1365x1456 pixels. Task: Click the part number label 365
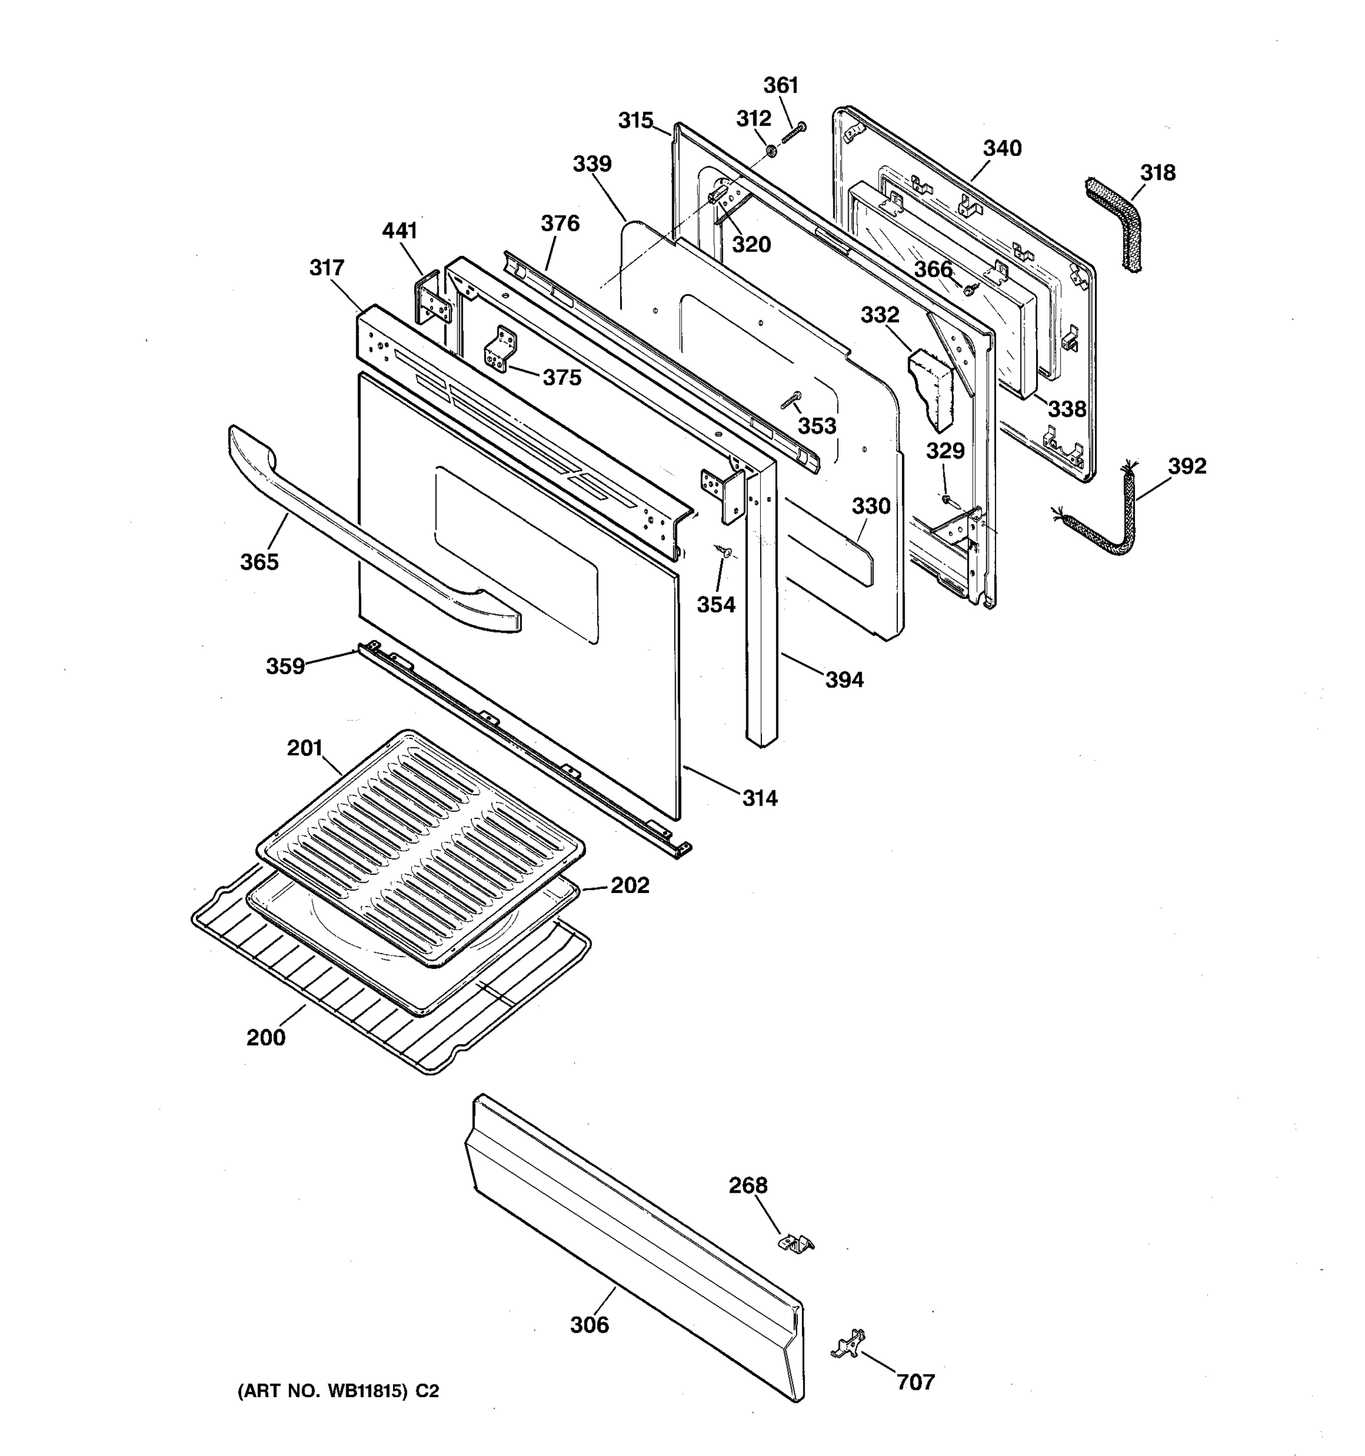point(259,562)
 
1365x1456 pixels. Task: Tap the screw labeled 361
point(794,133)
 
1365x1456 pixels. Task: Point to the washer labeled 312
point(771,151)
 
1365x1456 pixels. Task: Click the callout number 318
point(1157,173)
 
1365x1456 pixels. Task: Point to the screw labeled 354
point(726,551)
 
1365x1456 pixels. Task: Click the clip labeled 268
point(795,1242)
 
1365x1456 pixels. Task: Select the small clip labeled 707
point(849,1344)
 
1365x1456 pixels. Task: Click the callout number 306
point(590,1324)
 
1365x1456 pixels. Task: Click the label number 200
point(266,1037)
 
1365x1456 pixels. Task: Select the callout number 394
point(844,679)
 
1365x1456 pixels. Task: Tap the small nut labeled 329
point(946,499)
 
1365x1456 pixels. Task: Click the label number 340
point(1001,149)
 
